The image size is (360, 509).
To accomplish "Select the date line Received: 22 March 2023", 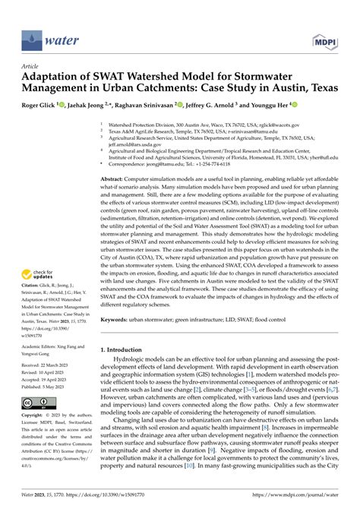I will tap(46, 365).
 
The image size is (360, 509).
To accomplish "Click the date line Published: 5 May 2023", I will tap(46, 387).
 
